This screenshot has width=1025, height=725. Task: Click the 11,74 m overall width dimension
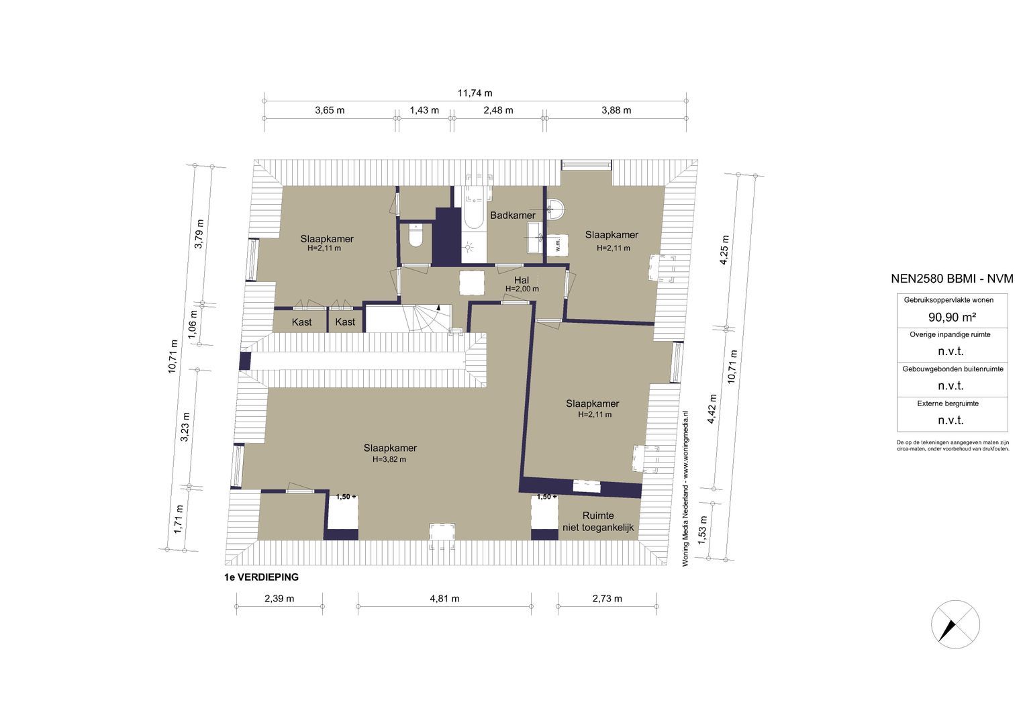tap(475, 93)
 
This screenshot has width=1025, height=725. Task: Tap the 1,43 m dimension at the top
tap(424, 110)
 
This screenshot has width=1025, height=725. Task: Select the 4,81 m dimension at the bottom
tap(445, 599)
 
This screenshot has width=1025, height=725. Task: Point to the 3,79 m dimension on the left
tap(199, 234)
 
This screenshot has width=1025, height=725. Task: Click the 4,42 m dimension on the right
tap(712, 409)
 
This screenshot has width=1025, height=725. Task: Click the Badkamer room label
tap(513, 215)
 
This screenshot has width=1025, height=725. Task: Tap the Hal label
tap(521, 280)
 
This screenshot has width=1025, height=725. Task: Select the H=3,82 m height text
tap(389, 460)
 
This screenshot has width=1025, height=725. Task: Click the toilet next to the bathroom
tap(415, 235)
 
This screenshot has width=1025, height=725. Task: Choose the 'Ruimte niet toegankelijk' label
tap(598, 522)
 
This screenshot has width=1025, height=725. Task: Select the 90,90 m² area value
tap(952, 317)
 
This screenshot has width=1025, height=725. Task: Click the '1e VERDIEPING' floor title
tap(261, 577)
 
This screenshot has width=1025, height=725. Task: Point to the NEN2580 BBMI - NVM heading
tap(952, 279)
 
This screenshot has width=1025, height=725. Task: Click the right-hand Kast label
tap(344, 322)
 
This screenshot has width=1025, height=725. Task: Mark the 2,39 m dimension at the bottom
tap(279, 599)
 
